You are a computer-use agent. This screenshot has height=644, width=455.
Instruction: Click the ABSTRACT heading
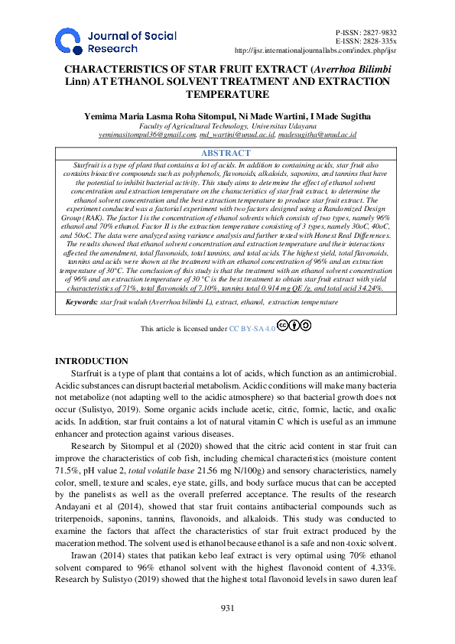[227, 154]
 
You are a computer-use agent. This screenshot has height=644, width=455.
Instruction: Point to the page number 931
[227, 608]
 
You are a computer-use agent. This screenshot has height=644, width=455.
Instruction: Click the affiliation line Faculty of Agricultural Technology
[227, 125]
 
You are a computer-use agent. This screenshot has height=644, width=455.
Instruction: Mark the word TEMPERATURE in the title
[227, 95]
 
